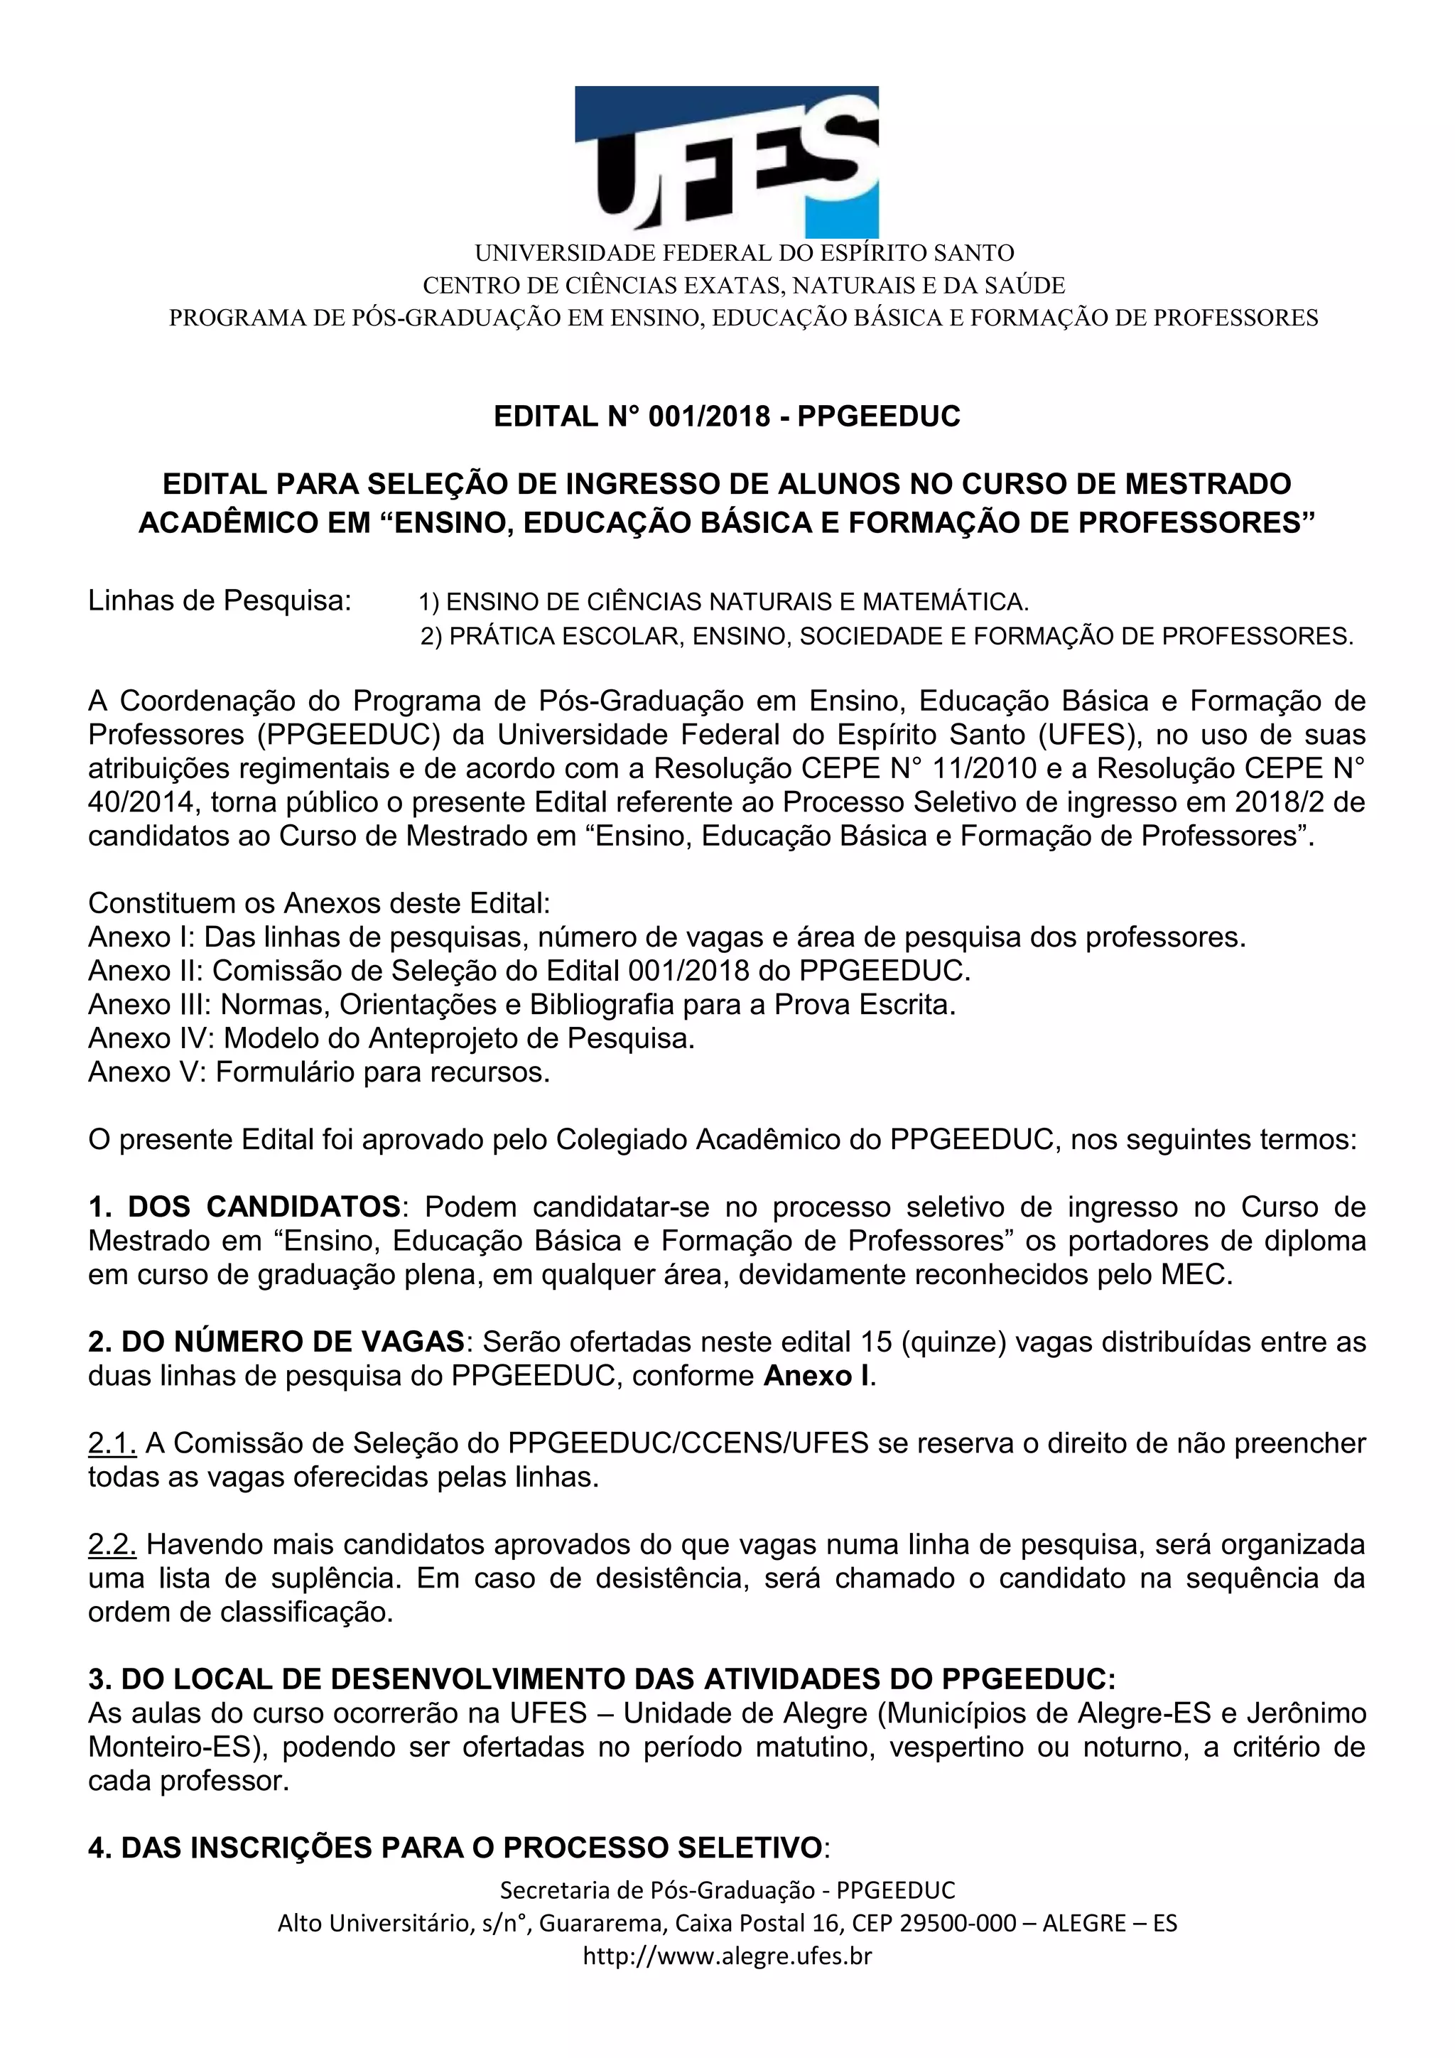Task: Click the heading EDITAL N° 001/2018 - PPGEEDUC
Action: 727,417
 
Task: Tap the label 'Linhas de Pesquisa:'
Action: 220,600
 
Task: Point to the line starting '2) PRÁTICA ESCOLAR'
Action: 886,637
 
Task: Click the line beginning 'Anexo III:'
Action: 521,1005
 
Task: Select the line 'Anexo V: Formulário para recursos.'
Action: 319,1072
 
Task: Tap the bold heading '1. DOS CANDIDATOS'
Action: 244,1207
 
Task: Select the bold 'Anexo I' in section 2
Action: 816,1376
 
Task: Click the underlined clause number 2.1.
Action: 112,1443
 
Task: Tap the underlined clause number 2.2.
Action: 112,1544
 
